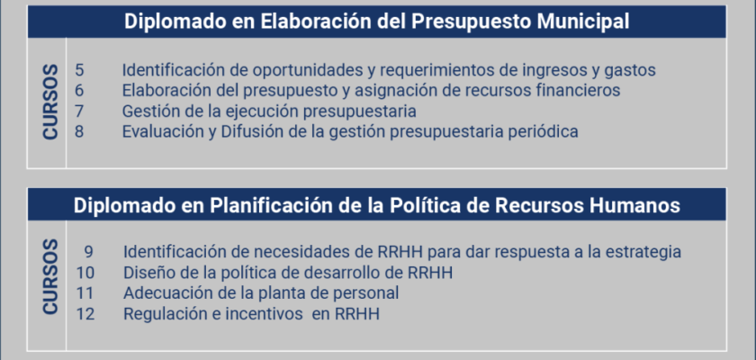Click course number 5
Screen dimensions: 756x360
pyautogui.click(x=79, y=70)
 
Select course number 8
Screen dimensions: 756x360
pyautogui.click(x=79, y=131)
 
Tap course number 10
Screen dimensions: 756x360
pyautogui.click(x=85, y=273)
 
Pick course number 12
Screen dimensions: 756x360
pyautogui.click(x=85, y=314)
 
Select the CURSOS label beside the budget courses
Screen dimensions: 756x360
pyautogui.click(x=50, y=103)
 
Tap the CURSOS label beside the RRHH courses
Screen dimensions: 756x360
pyautogui.click(x=50, y=277)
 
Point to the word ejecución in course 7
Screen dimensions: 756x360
pyautogui.click(x=261, y=112)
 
